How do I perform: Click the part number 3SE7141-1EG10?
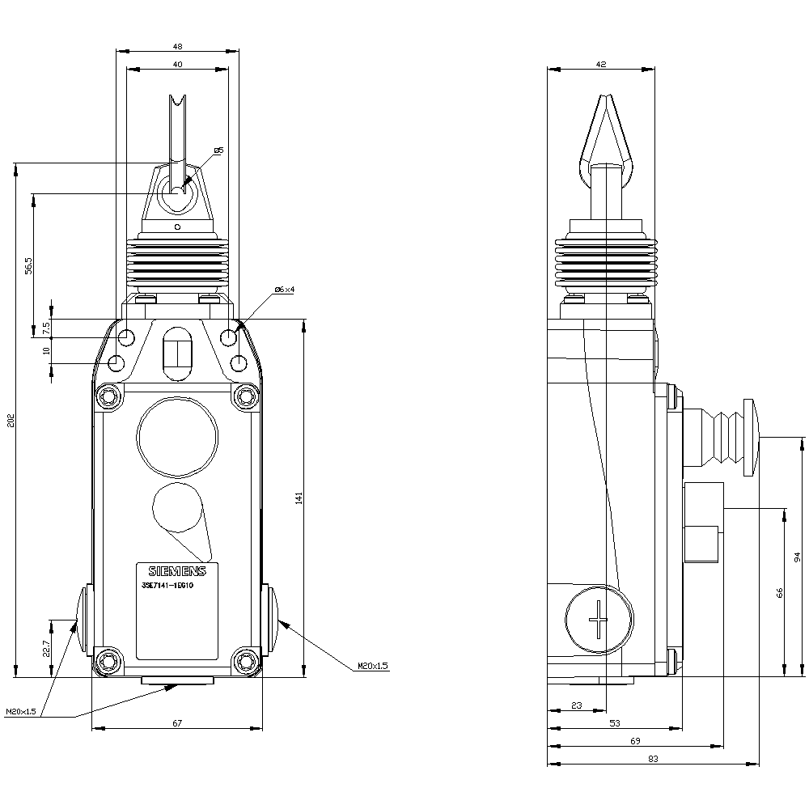(167, 585)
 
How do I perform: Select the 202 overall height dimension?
(9, 421)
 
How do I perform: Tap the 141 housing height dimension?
(298, 499)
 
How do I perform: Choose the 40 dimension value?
(177, 63)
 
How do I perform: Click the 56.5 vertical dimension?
(28, 265)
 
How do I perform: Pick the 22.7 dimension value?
(46, 649)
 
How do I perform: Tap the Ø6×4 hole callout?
(284, 290)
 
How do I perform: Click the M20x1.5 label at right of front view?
(373, 666)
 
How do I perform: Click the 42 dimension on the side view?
(600, 63)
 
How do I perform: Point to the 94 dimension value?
(797, 557)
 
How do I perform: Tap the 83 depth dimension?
(653, 759)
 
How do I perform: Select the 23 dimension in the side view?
(576, 705)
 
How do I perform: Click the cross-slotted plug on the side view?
(599, 621)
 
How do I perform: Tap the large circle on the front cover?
(177, 437)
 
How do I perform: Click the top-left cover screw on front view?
(108, 396)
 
